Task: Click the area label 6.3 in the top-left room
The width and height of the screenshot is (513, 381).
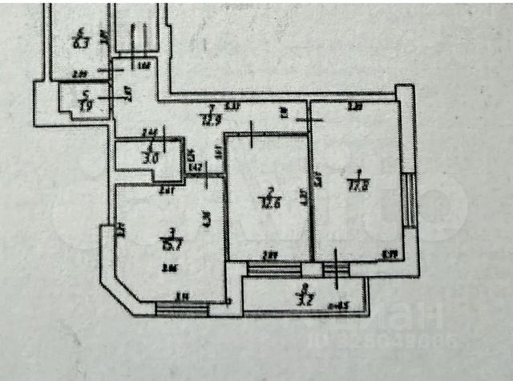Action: [x=79, y=43]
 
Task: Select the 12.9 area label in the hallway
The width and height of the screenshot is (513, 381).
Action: [x=210, y=120]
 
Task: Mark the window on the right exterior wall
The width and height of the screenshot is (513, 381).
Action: [x=409, y=201]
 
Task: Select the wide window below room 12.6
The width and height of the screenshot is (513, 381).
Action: [x=273, y=270]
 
